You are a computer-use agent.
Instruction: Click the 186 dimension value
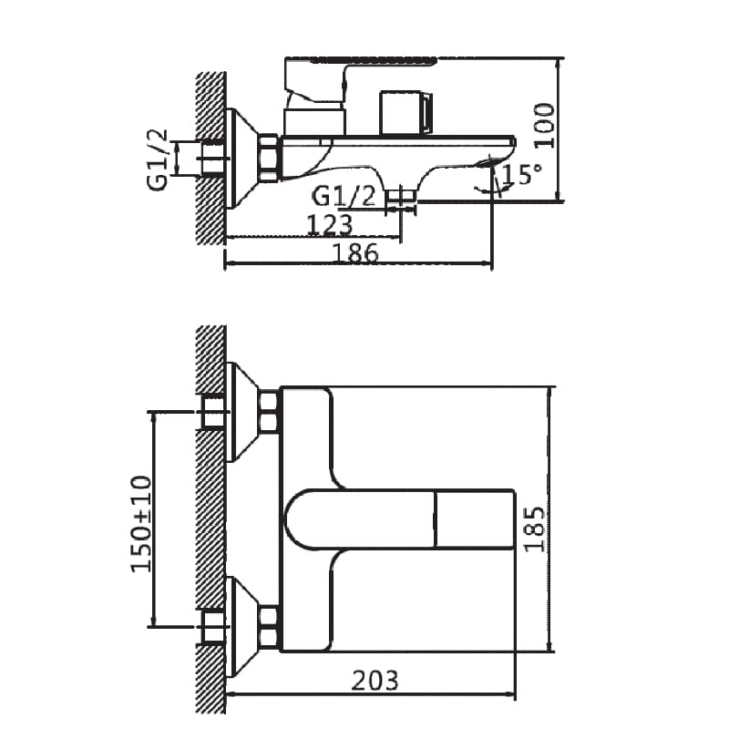tap(355, 253)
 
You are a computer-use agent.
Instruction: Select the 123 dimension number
tap(330, 225)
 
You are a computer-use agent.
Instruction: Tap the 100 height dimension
tap(543, 126)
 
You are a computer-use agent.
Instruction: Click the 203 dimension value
tap(374, 679)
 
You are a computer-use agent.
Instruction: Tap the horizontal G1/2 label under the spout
tap(344, 195)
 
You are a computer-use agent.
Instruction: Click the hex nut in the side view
tap(270, 157)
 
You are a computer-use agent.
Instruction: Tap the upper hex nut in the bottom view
tap(269, 412)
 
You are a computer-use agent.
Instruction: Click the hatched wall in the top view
tap(211, 155)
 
